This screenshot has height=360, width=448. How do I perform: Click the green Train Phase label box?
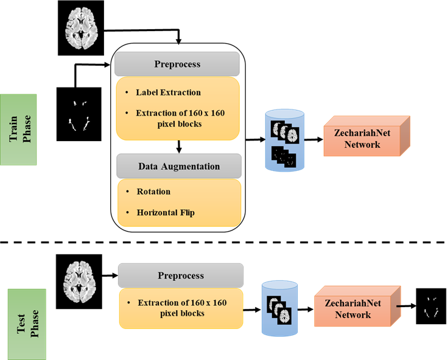[x=18, y=130]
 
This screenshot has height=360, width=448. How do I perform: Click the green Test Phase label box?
[x=27, y=324]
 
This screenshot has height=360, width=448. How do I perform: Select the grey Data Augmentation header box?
[x=179, y=166]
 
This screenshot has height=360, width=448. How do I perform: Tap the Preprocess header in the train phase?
[x=177, y=64]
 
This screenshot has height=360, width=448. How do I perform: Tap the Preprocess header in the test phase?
[x=181, y=275]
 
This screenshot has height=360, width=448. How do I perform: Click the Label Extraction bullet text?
[x=168, y=92]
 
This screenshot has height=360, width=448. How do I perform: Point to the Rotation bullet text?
[x=153, y=192]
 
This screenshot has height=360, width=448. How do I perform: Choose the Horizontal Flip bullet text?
[x=166, y=213]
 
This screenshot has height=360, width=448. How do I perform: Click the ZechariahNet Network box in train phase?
[x=367, y=136]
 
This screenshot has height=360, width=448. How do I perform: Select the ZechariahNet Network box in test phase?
[x=357, y=306]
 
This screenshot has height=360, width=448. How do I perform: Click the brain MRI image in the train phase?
[x=81, y=28]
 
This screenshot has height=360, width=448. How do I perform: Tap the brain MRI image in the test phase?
[x=79, y=282]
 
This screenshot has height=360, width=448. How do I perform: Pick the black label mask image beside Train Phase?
[x=79, y=114]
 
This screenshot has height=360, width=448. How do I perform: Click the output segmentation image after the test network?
[x=431, y=306]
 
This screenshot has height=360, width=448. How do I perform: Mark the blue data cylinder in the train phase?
[x=285, y=140]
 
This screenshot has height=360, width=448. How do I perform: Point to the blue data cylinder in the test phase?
[x=280, y=308]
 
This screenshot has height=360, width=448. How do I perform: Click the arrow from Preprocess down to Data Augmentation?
[x=179, y=147]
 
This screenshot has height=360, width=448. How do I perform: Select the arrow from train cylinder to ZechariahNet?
[x=313, y=140]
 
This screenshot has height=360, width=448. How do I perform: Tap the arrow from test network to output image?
[x=406, y=306]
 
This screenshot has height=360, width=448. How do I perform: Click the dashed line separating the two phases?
[x=223, y=243]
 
